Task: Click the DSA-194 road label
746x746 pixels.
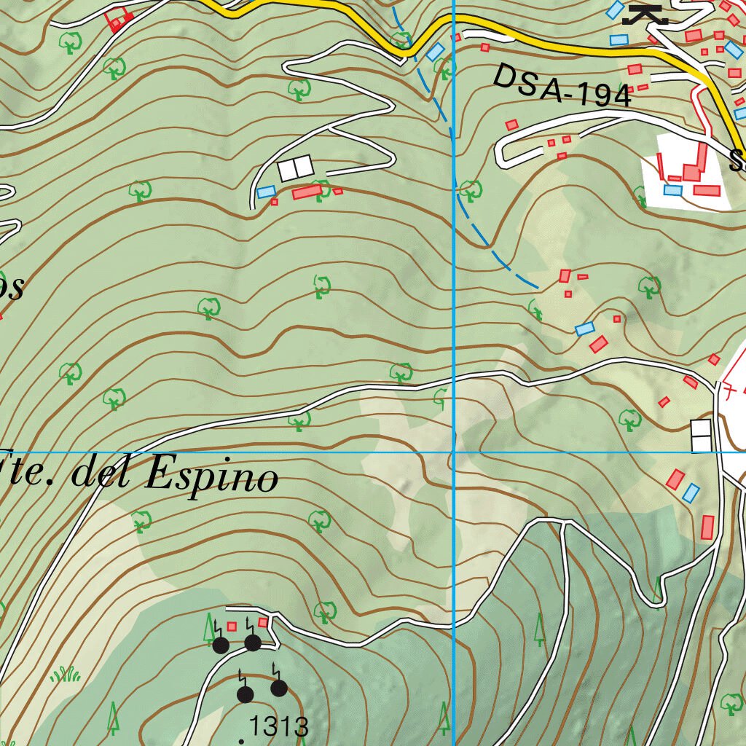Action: [562, 86]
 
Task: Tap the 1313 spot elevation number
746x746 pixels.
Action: [279, 726]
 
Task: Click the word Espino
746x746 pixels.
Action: [212, 477]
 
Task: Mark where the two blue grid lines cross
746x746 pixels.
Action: [454, 452]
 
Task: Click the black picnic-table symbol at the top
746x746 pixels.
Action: [645, 15]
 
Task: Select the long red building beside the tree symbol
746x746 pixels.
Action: [307, 192]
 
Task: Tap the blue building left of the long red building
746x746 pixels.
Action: [266, 192]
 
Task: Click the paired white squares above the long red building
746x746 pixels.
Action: [296, 169]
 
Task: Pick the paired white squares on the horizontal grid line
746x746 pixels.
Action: [701, 436]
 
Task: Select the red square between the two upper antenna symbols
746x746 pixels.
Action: [232, 626]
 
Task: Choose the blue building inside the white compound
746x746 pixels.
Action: [673, 190]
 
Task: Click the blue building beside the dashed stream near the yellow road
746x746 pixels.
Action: [435, 52]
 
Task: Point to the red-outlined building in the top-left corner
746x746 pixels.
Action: [119, 20]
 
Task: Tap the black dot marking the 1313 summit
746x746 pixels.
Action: [241, 742]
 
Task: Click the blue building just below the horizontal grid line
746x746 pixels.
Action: [691, 493]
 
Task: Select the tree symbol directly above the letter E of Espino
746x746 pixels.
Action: [141, 520]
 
